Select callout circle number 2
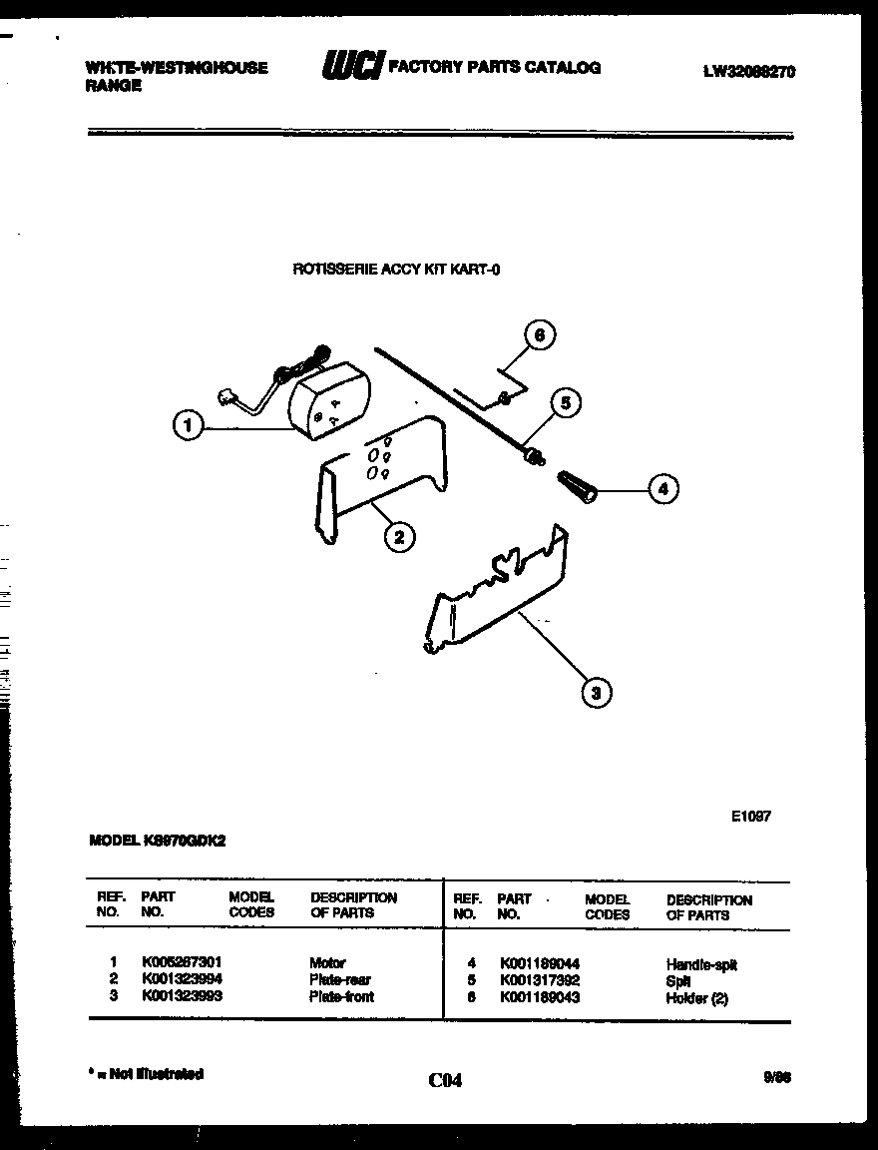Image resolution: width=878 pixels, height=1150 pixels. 398,537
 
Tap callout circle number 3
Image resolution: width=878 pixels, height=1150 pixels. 596,692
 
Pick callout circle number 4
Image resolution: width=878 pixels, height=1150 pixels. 662,489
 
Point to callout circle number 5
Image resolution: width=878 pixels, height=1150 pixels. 565,403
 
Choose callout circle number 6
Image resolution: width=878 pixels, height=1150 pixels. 539,336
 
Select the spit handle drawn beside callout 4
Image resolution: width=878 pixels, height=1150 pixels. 576,488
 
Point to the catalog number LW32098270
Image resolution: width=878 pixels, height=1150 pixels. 748,71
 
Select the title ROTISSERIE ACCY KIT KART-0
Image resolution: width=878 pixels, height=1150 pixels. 395,268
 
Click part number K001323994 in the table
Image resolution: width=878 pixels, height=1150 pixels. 182,979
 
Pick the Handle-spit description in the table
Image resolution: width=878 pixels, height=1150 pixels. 700,964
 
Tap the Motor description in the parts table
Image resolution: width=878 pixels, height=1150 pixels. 327,963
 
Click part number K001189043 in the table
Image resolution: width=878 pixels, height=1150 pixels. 539,997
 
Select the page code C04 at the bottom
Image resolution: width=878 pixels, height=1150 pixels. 445,1080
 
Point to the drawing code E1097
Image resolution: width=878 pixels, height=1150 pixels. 750,816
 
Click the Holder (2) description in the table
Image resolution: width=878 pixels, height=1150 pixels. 696,998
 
